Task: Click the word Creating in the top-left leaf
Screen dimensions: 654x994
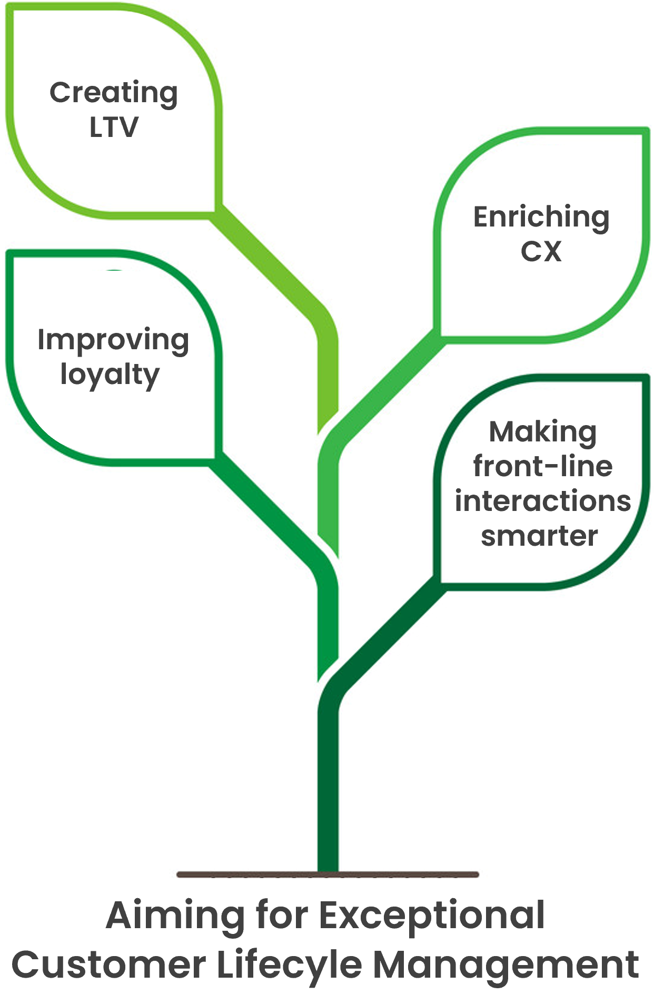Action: [114, 94]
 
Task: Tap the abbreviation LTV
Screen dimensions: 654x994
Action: [114, 127]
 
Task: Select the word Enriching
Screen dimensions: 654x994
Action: [541, 218]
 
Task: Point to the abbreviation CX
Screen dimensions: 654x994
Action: [541, 251]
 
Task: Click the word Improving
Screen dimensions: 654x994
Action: [113, 341]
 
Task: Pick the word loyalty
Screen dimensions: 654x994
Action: [110, 375]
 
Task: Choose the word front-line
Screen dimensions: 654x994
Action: [543, 467]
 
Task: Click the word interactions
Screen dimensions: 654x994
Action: [543, 501]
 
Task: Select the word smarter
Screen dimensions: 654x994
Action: [539, 536]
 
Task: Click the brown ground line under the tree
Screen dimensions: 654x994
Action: [328, 875]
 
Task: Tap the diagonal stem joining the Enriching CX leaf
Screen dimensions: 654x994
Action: [382, 387]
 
